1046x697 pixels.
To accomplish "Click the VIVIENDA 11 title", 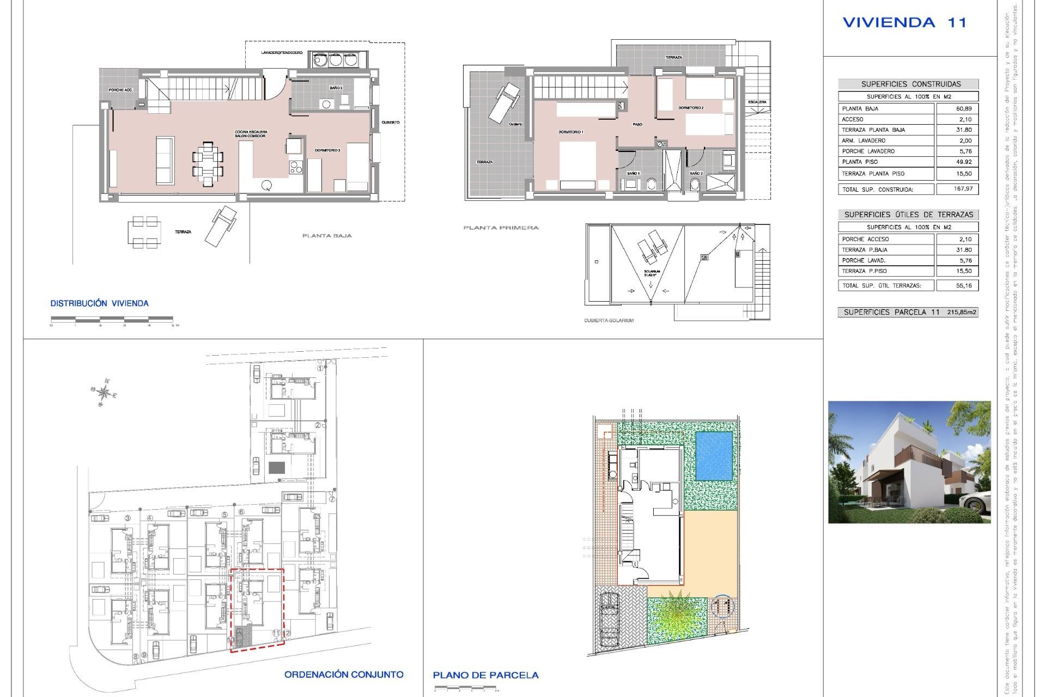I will tap(904, 23).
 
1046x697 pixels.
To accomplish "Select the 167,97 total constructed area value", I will tap(963, 189).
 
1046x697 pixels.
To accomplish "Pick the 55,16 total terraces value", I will tap(963, 285).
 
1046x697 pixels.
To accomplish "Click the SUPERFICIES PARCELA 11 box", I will tap(908, 312).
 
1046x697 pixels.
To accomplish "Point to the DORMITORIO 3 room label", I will tap(327, 150).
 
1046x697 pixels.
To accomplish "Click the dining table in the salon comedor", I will tap(208, 163).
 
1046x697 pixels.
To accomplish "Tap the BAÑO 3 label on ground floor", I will tap(336, 88).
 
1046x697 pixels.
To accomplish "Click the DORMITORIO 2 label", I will tap(691, 108).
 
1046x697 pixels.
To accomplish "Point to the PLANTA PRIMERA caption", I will tap(501, 228).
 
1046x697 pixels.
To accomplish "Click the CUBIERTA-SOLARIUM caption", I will tap(609, 321).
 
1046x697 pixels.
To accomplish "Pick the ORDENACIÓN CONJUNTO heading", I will tap(344, 675).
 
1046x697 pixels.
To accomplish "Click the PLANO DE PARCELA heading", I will tap(485, 675).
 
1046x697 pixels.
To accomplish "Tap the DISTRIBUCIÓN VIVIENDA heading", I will tap(99, 303).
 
